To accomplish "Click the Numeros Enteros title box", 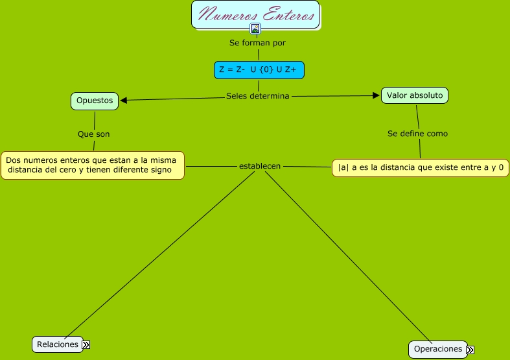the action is coord(255,14).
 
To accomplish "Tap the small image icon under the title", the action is coord(255,29).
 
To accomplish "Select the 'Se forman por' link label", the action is coord(257,43).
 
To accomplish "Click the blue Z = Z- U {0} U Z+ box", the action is coord(259,70).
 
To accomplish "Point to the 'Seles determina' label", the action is coord(257,96).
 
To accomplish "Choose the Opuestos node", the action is coord(95,101).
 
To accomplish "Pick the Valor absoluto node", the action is coord(415,95).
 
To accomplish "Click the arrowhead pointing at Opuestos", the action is coord(124,100).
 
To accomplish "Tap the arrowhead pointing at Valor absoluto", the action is coord(376,95).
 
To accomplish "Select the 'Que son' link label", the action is coord(94,134).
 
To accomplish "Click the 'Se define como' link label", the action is coord(417,134).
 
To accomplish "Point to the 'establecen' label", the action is coord(260,166).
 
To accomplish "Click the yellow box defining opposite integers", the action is coord(93,165).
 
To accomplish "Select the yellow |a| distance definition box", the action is coord(421,168).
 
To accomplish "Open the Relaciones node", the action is coord(58,344).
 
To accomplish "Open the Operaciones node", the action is coord(438,349).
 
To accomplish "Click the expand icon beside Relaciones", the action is coord(86,345).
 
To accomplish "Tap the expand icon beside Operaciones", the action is coord(470,350).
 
